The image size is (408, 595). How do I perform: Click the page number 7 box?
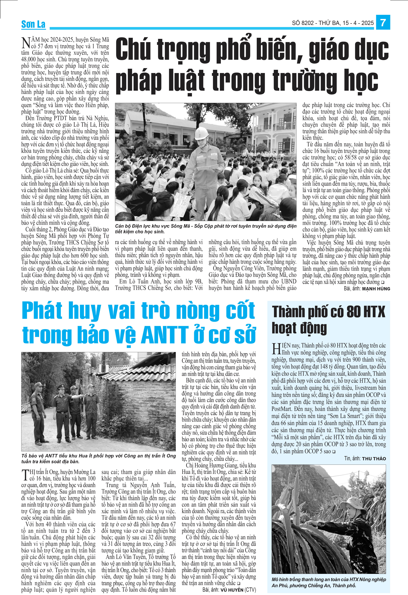coord(383,23)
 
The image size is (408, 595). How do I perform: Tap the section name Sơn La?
coord(33,24)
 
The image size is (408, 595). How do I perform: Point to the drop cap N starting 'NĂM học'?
coord(26,43)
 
